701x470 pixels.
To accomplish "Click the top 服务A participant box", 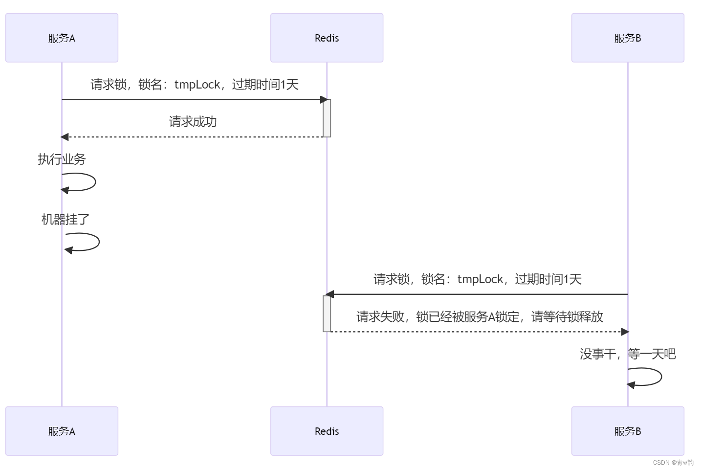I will click(x=62, y=38).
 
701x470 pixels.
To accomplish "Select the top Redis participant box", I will click(x=327, y=38).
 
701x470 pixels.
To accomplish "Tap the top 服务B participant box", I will click(x=628, y=38).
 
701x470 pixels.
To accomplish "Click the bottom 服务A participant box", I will click(x=62, y=431).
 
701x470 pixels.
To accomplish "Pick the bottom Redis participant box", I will click(x=327, y=431).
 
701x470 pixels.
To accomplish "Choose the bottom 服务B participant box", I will click(x=628, y=431).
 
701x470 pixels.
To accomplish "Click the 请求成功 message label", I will click(x=193, y=121).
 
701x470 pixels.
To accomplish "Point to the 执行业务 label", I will click(x=62, y=159).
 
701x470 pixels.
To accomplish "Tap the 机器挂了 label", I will click(x=66, y=219).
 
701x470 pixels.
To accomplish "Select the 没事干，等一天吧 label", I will click(x=628, y=354).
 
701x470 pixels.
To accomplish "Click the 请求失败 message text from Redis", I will click(x=480, y=316).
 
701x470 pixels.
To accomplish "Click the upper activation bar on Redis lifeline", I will click(x=327, y=118).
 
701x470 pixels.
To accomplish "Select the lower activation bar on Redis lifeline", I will click(x=327, y=313).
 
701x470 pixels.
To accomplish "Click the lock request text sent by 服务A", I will click(x=194, y=84).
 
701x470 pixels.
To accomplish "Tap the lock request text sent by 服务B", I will click(x=477, y=279).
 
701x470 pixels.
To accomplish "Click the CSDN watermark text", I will click(x=673, y=462).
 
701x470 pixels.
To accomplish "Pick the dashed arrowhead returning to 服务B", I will click(x=625, y=332).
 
